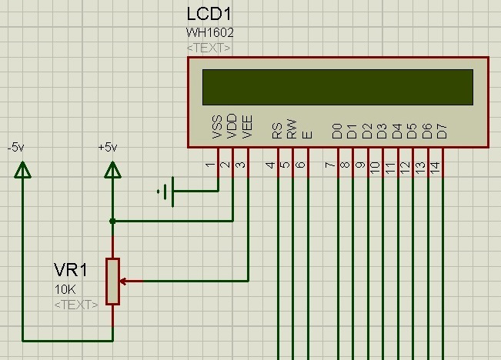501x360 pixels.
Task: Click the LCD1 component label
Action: [209, 14]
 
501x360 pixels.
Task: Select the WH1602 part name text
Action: [209, 32]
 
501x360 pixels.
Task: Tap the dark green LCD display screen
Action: [338, 87]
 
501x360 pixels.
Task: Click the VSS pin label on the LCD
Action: [217, 127]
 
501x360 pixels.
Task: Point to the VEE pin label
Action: [247, 127]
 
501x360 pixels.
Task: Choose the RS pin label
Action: [277, 131]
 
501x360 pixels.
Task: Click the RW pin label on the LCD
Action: [292, 129]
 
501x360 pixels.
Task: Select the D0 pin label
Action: [337, 132]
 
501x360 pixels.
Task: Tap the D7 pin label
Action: [442, 132]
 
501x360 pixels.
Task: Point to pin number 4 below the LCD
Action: [270, 165]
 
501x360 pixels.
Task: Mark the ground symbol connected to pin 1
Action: [165, 192]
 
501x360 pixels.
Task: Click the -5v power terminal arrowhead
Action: [22, 169]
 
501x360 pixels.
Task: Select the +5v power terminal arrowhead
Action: [112, 169]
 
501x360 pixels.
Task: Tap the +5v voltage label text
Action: [108, 148]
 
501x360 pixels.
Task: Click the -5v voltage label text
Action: [15, 148]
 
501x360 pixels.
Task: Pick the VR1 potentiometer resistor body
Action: [113, 282]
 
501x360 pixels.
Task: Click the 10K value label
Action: [65, 289]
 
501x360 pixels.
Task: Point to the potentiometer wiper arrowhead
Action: [123, 282]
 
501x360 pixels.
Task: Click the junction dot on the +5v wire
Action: [112, 221]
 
